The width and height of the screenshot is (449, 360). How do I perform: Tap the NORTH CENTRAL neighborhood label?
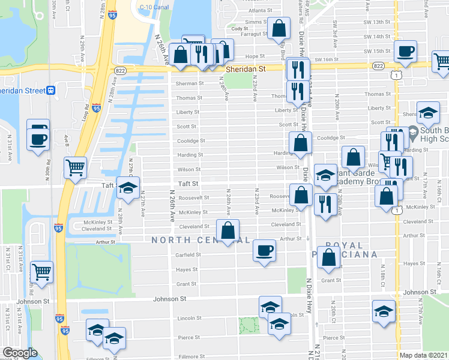pos(200,240)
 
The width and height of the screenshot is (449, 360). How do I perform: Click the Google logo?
pos(20,353)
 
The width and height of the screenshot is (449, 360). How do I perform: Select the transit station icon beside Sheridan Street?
pos(52,91)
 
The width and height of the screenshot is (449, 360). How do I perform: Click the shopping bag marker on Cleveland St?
pos(228,230)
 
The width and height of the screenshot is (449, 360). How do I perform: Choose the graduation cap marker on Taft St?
pos(127,187)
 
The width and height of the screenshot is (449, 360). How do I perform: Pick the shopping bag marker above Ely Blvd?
pos(279,28)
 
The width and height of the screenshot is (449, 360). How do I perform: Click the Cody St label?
pos(240,28)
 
